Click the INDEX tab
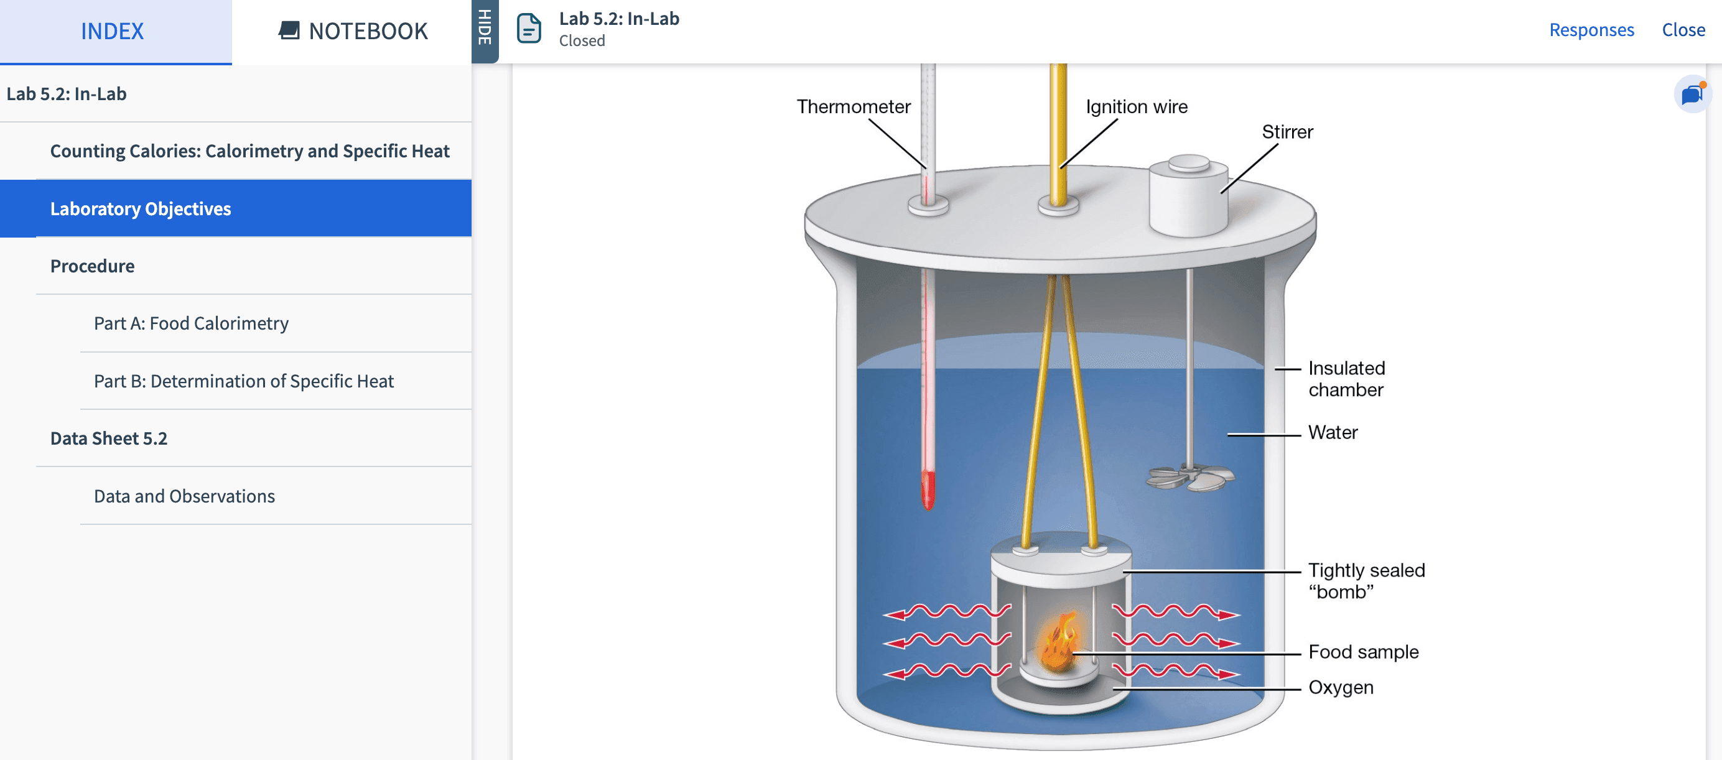[x=113, y=30]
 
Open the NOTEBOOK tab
[x=352, y=30]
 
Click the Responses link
[x=1591, y=29]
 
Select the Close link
[x=1683, y=29]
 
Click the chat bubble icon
[x=1692, y=95]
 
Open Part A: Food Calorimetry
[x=191, y=323]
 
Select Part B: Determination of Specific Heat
[x=243, y=381]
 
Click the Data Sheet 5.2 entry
[x=109, y=438]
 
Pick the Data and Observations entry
[x=185, y=495]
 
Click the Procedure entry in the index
[x=92, y=266]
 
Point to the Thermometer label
[x=853, y=106]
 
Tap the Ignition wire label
[x=1137, y=106]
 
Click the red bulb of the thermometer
[x=928, y=490]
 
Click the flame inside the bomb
[x=1059, y=642]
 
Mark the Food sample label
[x=1363, y=652]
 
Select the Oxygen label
[x=1340, y=687]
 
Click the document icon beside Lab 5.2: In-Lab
[x=529, y=28]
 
